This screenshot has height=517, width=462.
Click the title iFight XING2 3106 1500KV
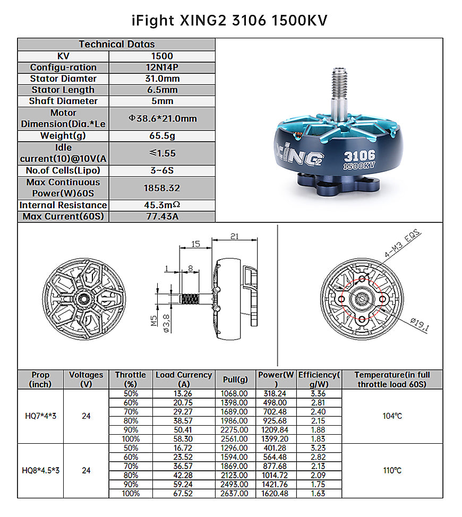coord(229,20)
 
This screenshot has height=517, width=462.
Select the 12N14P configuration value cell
coord(162,67)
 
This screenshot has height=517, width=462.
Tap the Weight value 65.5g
coord(162,135)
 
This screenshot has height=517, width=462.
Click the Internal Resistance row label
coord(63,205)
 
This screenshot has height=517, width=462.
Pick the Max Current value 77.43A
coord(162,217)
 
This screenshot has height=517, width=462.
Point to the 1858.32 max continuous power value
coord(162,188)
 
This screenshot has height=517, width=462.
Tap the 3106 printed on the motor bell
coord(360,156)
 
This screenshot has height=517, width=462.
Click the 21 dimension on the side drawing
coord(234,236)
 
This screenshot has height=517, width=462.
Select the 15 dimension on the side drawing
coord(195,244)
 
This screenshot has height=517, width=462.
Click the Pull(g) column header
coord(234,380)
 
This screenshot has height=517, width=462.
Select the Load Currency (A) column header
coord(183,380)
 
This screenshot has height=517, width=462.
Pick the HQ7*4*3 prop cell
coord(40,416)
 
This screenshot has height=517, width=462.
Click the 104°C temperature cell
coord(392,416)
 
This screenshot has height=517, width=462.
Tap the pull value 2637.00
coord(234,493)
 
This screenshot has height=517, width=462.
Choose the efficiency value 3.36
coord(318,393)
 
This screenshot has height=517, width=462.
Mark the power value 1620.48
coord(275,493)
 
